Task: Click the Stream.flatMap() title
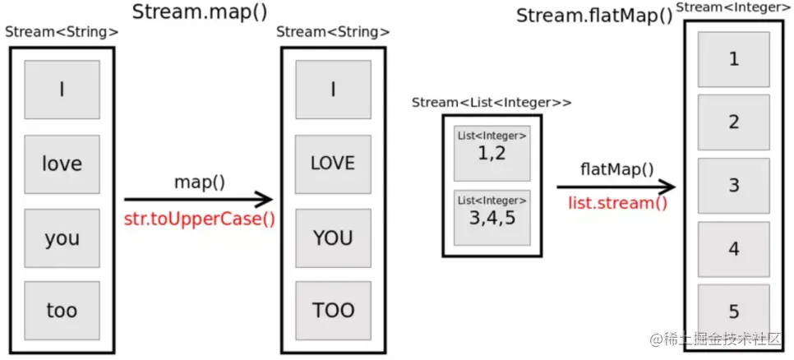point(594,15)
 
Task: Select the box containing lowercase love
point(62,164)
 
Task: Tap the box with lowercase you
point(62,238)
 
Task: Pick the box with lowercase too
point(62,310)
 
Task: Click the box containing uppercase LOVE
point(333,164)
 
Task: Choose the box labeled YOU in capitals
point(333,238)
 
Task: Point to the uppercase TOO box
point(333,310)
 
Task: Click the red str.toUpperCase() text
point(199,219)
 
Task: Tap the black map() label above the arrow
point(199,182)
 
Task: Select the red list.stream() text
point(617,202)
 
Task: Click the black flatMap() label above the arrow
point(616,170)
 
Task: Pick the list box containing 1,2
point(492,152)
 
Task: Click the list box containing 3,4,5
point(492,217)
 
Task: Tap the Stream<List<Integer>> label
point(492,103)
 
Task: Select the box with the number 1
point(734,59)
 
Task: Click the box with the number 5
point(734,312)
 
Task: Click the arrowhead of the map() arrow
point(265,199)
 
